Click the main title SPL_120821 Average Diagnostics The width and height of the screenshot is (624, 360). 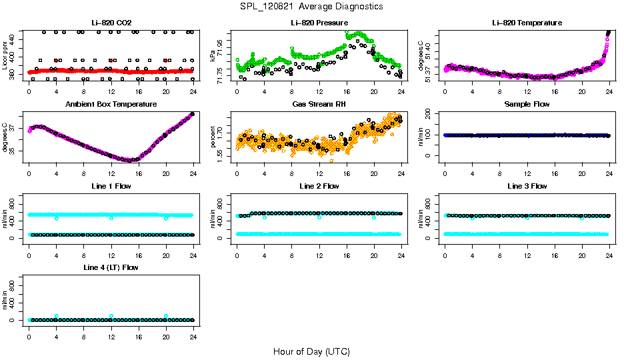[x=312, y=6]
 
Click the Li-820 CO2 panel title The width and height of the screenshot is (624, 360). [x=111, y=23]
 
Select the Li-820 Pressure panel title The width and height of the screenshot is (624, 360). [x=319, y=23]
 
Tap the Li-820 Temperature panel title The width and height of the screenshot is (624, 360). [x=527, y=23]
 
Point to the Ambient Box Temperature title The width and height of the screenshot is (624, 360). [x=111, y=104]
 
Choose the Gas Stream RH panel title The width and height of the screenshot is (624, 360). [x=319, y=104]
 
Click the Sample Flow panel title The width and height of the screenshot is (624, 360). [x=527, y=104]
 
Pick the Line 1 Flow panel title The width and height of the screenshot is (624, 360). [x=111, y=186]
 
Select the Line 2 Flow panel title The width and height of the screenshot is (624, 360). [x=319, y=186]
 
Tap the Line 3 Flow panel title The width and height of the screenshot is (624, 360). [x=527, y=186]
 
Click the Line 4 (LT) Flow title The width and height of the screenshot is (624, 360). [x=111, y=267]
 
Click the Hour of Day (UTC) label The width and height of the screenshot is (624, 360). [x=311, y=351]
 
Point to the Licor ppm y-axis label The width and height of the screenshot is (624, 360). [x=5, y=55]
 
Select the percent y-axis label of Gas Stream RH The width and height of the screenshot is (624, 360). [x=213, y=137]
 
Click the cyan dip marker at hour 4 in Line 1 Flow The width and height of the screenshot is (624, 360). [x=57, y=218]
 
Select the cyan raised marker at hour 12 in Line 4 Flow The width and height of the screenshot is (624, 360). [x=111, y=316]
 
